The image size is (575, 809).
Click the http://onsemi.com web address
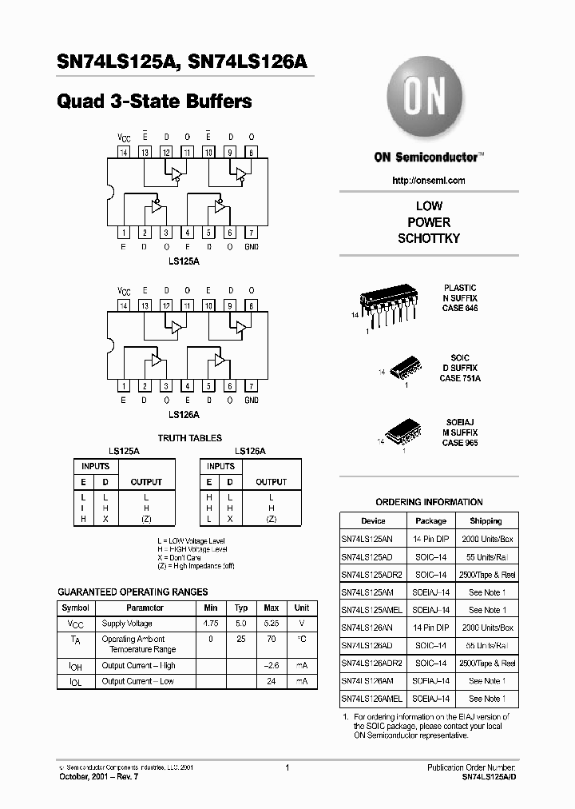428,181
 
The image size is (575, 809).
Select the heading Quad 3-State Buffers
155,102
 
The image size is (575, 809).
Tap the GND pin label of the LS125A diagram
251,247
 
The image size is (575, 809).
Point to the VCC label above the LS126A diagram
124,291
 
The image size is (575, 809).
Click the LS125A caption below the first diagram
184,261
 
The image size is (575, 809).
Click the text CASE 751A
460,377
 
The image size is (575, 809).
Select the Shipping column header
486,520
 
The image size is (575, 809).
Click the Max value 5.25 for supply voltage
272,622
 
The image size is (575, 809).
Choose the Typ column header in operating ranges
241,608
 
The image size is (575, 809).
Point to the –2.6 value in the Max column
272,665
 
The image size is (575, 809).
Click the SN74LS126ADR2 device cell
371,663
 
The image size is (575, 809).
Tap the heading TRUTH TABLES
189,438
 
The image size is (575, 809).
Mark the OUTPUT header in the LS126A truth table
271,482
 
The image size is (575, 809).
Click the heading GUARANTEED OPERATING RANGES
133,592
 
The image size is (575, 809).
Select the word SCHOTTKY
429,238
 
